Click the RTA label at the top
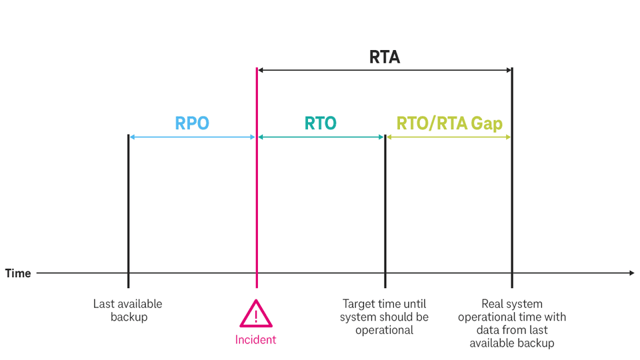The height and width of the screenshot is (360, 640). point(385,57)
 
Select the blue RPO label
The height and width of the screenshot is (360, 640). point(192,123)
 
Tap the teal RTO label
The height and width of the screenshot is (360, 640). point(321,123)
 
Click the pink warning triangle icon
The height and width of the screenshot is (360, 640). point(256,313)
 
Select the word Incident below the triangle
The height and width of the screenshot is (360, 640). point(255,340)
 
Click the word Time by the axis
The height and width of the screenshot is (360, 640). point(18,273)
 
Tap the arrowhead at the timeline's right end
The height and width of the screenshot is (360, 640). point(631,273)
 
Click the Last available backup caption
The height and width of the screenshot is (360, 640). point(128,310)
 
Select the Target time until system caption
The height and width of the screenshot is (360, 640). point(384,310)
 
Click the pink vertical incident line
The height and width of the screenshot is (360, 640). point(257,200)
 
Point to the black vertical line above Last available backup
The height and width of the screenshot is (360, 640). point(128,200)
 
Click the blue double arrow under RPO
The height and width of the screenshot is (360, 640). point(192,137)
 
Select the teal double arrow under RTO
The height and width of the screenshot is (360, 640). point(321,137)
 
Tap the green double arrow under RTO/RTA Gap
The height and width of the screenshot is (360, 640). point(449,137)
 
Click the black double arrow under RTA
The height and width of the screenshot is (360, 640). point(385,69)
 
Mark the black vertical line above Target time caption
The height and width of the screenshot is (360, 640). point(385,200)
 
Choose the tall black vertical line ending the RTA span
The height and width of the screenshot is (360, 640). point(512,200)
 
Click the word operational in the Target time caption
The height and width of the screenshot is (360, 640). point(384,330)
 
